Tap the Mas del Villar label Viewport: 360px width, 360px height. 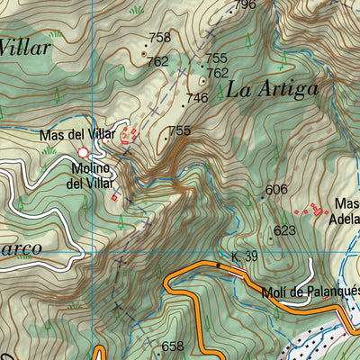[x=77, y=135]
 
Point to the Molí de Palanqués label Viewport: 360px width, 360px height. [x=310, y=290]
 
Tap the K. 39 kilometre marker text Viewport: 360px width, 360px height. [x=244, y=257]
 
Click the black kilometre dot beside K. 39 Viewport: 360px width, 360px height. [x=218, y=265]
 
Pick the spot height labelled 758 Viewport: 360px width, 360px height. [x=159, y=38]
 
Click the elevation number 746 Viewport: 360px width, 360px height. [x=196, y=98]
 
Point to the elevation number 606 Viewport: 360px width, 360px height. [x=276, y=189]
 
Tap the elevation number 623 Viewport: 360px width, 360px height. [x=284, y=230]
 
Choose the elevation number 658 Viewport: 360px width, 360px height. [x=172, y=346]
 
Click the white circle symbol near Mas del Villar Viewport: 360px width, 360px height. [x=84, y=152]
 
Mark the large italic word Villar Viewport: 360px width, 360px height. [x=25, y=48]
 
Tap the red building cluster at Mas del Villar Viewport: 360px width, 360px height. [x=129, y=135]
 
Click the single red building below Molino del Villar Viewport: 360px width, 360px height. [x=115, y=197]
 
